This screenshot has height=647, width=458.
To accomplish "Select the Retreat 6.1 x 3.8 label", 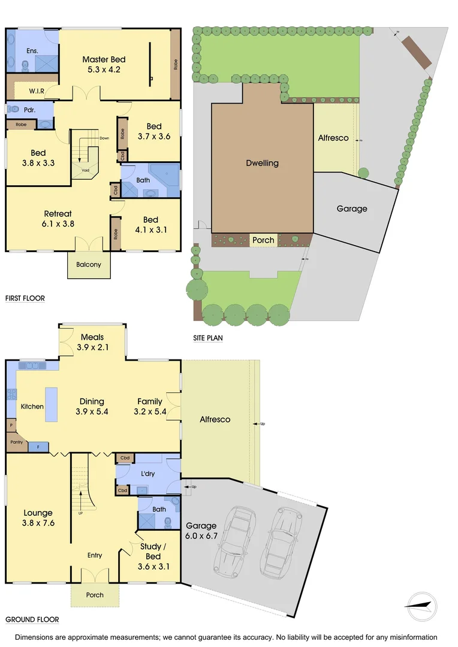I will [58, 219].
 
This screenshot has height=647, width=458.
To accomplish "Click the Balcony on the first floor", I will [89, 264].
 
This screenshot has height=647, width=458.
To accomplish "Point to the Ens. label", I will [32, 51].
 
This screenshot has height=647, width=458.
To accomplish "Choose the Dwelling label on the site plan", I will [262, 163].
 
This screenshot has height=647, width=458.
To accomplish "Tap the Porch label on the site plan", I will [263, 240].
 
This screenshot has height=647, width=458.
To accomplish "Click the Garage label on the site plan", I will [351, 208].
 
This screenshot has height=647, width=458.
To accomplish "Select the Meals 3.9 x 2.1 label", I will [92, 342].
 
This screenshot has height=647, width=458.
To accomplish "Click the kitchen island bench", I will [52, 405].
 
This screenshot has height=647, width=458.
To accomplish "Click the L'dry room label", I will [147, 474].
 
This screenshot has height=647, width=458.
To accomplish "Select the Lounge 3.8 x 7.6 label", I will [38, 518].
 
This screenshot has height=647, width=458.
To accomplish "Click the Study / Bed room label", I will [150, 551].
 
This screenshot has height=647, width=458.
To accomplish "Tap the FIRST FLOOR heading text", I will [25, 298].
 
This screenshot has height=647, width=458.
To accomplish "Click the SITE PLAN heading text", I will [207, 338].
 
